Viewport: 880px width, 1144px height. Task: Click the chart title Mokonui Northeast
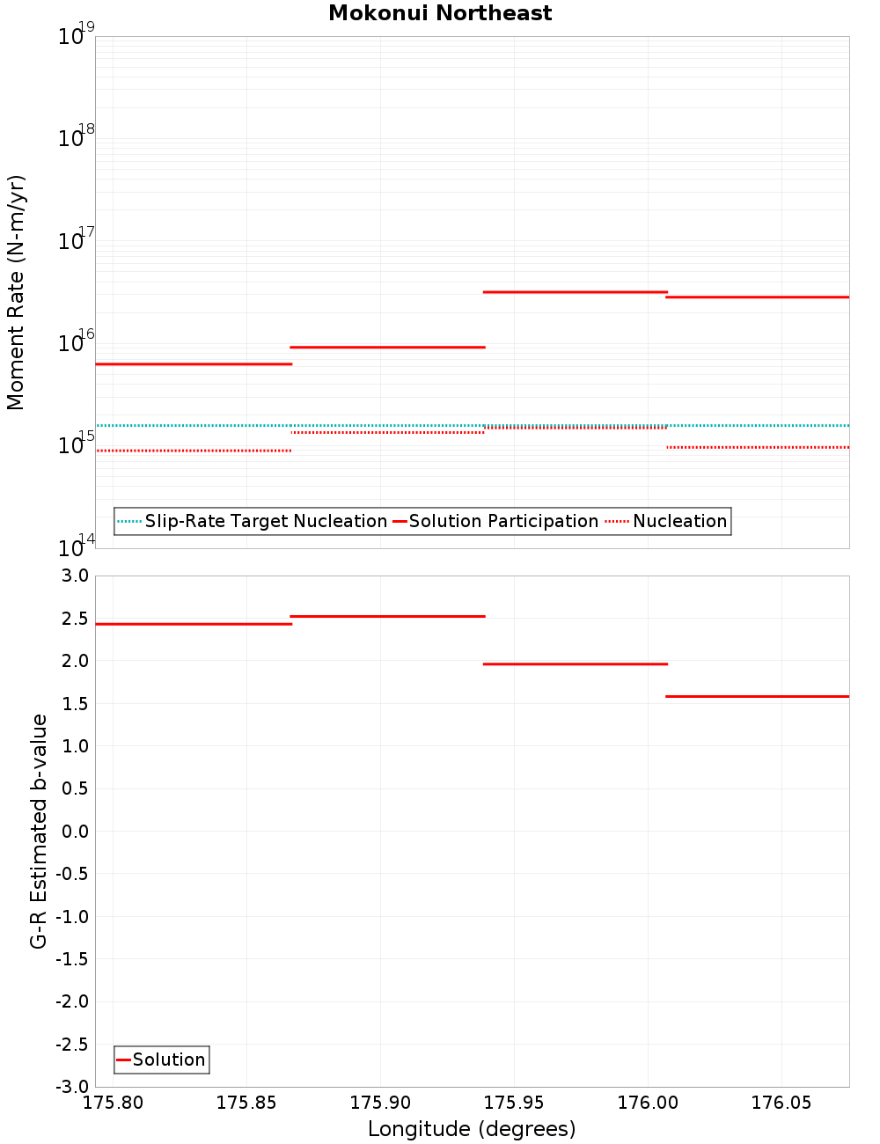(440, 13)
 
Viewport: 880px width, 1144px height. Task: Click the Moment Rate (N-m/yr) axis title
(16, 292)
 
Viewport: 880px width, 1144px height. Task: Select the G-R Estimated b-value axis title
(39, 831)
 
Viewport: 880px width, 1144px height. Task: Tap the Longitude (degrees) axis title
(472, 1129)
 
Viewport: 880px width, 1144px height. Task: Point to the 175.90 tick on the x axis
(380, 1103)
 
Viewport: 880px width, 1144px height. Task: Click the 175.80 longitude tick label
(113, 1103)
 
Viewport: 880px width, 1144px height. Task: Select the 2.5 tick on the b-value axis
(76, 619)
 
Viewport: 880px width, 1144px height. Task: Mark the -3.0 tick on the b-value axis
(72, 1087)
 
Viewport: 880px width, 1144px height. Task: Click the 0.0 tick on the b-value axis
(76, 832)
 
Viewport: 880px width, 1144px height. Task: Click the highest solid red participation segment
(576, 291)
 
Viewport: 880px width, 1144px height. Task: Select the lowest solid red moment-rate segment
(194, 363)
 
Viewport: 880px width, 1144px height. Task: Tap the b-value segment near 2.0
(576, 664)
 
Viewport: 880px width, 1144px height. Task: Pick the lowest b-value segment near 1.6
(758, 696)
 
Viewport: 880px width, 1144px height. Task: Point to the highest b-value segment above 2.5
(387, 616)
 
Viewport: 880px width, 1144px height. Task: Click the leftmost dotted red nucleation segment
(194, 451)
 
